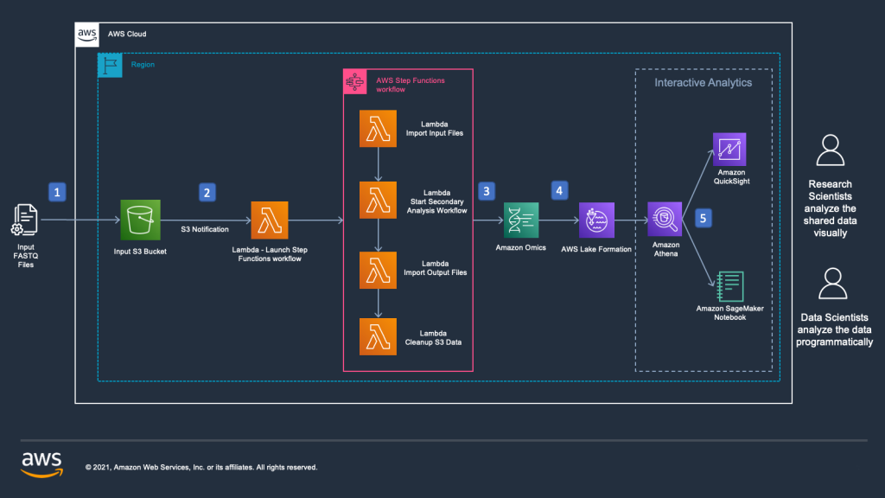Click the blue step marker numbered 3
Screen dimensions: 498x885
pos(487,190)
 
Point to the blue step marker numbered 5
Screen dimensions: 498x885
pos(704,218)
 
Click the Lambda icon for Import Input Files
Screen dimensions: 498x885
pos(378,129)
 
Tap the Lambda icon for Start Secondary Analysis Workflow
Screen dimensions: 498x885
pos(378,199)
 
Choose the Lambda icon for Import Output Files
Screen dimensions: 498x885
pos(378,269)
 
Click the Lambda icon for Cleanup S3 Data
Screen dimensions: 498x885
pos(378,336)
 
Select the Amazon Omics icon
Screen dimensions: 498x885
pos(521,220)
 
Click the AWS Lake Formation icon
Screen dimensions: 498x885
pos(596,220)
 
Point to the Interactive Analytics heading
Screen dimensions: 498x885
pos(703,83)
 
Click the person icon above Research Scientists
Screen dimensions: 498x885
pos(830,152)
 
